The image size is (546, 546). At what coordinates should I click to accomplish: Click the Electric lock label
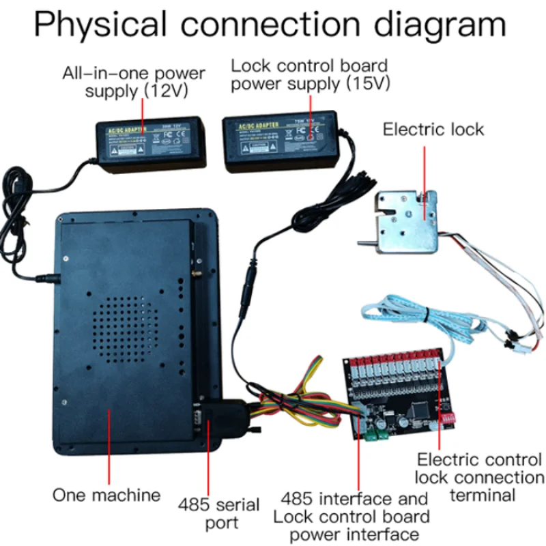(433, 130)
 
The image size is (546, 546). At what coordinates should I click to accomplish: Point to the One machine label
(106, 494)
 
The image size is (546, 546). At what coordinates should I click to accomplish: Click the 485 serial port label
(218, 514)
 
